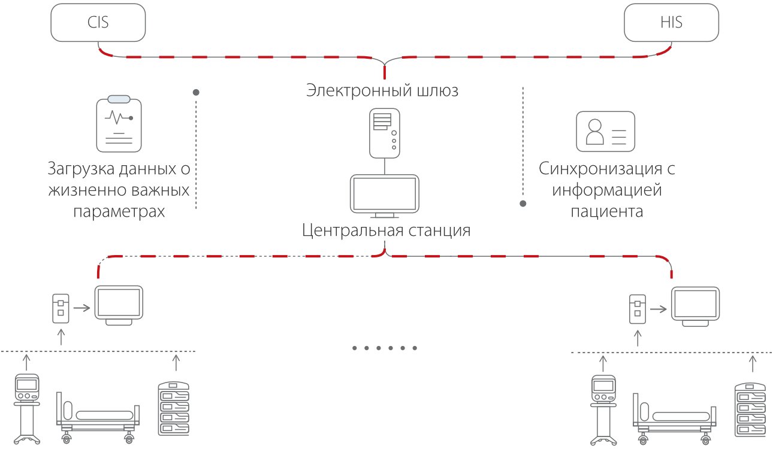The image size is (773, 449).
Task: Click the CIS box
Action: point(98,23)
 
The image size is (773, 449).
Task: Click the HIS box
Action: point(671,23)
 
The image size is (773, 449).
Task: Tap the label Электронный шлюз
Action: point(382,90)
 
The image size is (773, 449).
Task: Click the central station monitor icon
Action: point(384,195)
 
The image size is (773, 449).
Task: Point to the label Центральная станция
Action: point(386,230)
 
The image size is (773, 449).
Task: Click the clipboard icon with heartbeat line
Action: point(119,124)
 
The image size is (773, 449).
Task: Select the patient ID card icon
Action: point(605,131)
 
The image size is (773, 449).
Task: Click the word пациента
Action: point(606,211)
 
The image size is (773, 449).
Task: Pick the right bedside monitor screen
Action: point(695,305)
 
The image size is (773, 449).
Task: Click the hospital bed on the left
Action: point(98,417)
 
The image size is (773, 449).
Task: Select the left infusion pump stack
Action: point(173,408)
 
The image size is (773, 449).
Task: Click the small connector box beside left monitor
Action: point(60,308)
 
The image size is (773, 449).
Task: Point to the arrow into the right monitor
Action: point(658,309)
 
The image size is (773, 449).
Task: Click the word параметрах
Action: point(119,211)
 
